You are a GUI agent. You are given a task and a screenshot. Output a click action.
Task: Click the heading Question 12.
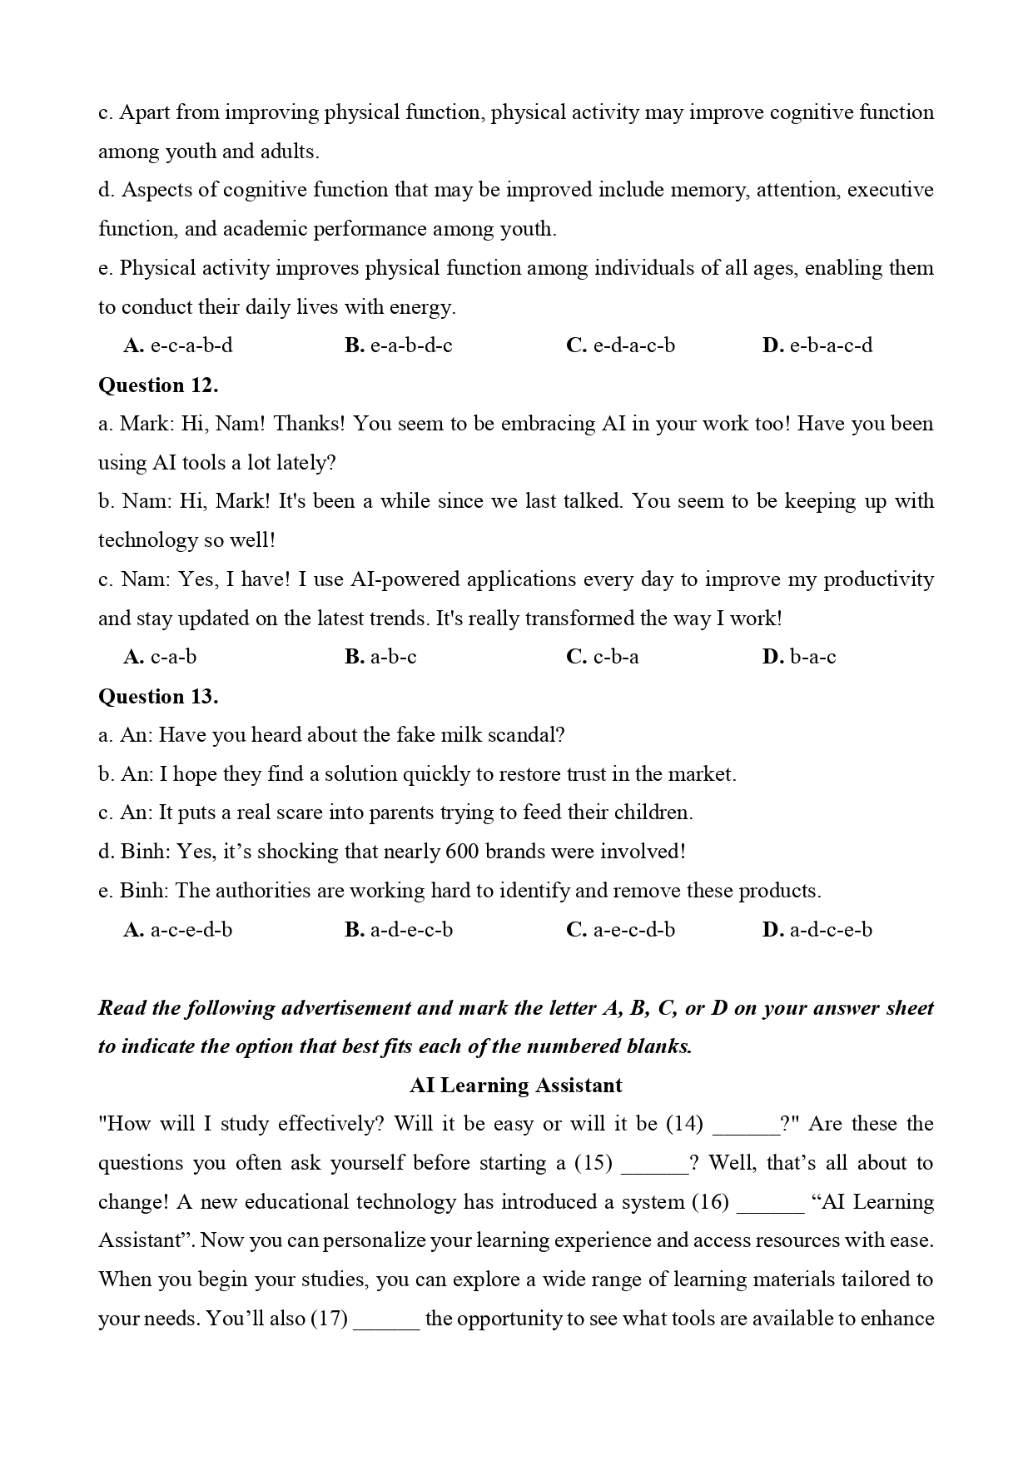158,385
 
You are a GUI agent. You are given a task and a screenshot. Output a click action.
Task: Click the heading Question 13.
158,697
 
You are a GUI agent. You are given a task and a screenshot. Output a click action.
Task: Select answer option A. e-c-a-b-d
178,346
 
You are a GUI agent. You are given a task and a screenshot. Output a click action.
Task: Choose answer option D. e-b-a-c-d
817,346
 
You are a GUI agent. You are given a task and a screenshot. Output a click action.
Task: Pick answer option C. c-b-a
603,658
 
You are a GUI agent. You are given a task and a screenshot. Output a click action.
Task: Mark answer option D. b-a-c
799,658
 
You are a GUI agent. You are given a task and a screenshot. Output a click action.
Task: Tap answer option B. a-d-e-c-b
399,930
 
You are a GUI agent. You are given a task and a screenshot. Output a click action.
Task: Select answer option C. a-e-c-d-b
620,930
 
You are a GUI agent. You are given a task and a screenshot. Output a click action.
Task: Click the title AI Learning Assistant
516,1086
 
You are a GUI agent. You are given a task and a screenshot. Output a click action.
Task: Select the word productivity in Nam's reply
878,579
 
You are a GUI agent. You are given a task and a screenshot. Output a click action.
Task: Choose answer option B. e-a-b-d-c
399,346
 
